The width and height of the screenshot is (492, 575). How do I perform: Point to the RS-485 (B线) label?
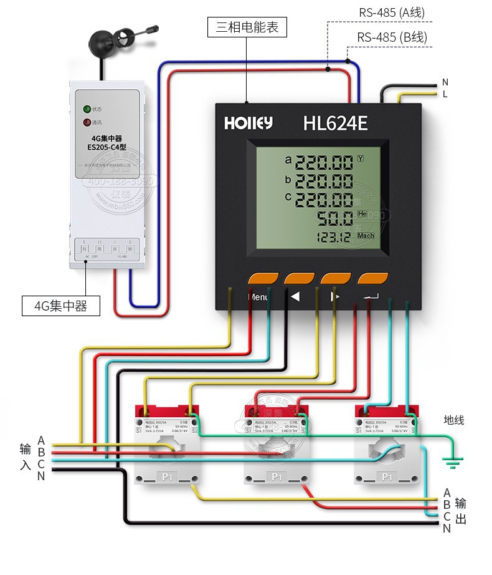392,37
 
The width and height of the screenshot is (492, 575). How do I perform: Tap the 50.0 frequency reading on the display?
335,219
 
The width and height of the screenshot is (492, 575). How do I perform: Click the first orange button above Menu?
263,278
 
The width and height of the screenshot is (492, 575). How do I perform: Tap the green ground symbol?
452,463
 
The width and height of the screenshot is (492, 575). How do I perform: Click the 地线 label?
453,420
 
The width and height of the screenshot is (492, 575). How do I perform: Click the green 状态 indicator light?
88,109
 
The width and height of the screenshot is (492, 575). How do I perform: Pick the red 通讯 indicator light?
88,122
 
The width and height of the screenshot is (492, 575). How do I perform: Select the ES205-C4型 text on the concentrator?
107,148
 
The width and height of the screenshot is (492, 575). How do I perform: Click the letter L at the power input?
445,94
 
